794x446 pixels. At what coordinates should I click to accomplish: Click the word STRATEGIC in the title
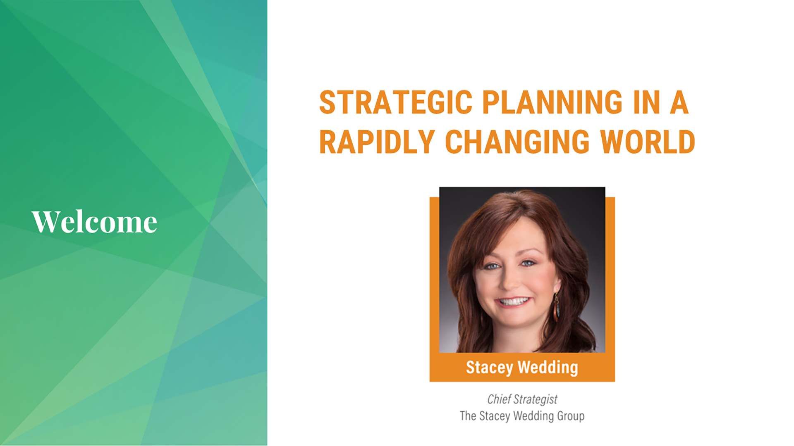pos(396,102)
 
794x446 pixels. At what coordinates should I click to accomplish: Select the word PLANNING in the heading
pos(552,102)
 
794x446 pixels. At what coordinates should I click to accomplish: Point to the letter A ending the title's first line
pos(679,102)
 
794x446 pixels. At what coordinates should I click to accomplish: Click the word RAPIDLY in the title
pos(377,142)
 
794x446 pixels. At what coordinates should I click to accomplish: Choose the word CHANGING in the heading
pos(517,142)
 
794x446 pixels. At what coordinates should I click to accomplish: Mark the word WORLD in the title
pos(648,142)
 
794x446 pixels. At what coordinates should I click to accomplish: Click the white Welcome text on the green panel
pos(94,222)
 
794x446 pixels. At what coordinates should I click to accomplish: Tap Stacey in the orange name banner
pos(489,368)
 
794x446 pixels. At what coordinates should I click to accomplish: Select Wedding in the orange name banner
pos(548,367)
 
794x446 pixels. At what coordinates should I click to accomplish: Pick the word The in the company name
pos(468,415)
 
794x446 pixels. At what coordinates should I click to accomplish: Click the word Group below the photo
pos(571,416)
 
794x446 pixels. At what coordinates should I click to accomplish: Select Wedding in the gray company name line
pos(533,416)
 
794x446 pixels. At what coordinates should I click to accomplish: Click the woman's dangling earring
pos(557,306)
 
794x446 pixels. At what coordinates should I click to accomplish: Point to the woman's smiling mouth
pos(513,302)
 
